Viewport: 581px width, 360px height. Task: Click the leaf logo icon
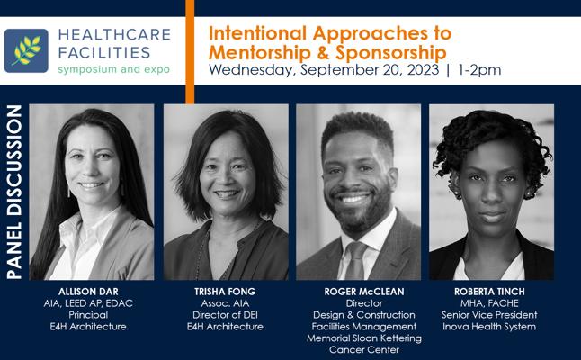coord(26,50)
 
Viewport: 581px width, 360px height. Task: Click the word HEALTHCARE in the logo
coord(114,34)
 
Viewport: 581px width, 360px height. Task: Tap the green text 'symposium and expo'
coord(113,69)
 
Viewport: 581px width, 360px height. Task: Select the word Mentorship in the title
coord(260,52)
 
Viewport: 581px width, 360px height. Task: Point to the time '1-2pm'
coord(479,69)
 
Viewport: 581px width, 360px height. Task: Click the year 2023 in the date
coord(423,69)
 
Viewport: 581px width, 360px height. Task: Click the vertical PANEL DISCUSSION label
coord(14,192)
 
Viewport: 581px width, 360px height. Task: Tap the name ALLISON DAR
coord(88,292)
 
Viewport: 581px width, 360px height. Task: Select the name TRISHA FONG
coord(225,292)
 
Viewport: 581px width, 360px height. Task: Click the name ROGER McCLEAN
coord(364,292)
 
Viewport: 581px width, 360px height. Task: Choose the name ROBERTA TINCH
coord(489,292)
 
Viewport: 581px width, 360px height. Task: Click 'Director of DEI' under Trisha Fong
coord(225,315)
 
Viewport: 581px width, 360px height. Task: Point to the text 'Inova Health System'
coord(489,327)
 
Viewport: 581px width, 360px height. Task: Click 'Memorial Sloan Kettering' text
coord(364,338)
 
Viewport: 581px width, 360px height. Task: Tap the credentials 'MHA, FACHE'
coord(489,303)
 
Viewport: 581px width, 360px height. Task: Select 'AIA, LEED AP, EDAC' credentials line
coord(88,303)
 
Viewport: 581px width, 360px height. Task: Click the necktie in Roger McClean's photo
coord(354,260)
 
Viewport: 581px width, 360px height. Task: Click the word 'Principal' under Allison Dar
coord(88,315)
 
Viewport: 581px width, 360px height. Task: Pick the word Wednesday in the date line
coord(252,70)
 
